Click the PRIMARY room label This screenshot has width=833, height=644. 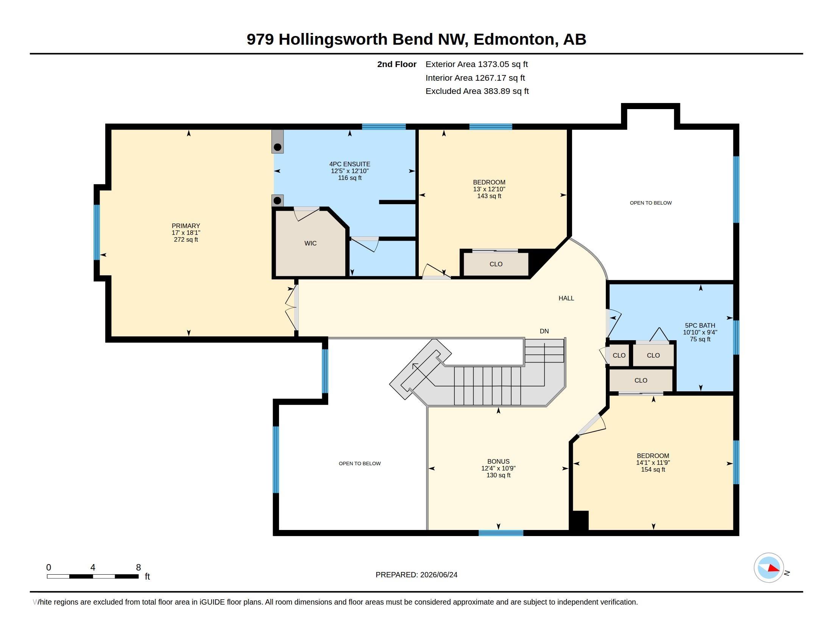186,226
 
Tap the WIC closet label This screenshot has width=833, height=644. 310,244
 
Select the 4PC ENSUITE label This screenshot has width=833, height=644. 350,164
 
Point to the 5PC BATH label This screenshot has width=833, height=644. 700,325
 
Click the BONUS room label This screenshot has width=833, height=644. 498,462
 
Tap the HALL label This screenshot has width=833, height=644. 566,299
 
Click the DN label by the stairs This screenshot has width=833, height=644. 544,331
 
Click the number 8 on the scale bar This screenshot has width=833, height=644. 139,567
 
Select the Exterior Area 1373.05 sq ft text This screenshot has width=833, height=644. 477,64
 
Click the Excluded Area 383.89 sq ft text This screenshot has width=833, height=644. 477,91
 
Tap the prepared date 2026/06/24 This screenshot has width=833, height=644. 438,575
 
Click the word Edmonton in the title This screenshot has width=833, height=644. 514,39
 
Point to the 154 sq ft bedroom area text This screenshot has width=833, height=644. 653,470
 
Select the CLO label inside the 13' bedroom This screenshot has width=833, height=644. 496,264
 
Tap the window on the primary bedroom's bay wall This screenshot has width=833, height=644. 97,232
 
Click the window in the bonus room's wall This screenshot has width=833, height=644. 501,533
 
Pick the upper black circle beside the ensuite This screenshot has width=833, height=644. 278,147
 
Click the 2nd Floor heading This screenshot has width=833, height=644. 397,64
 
